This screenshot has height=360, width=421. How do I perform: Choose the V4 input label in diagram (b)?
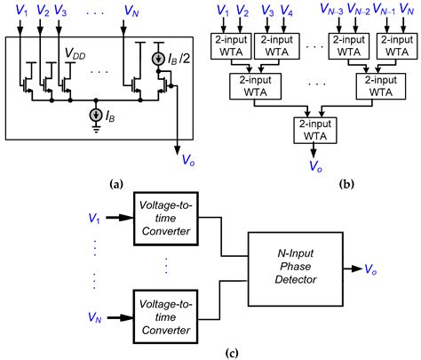tap(287, 12)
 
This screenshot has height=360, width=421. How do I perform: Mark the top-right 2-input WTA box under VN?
tap(390, 44)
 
